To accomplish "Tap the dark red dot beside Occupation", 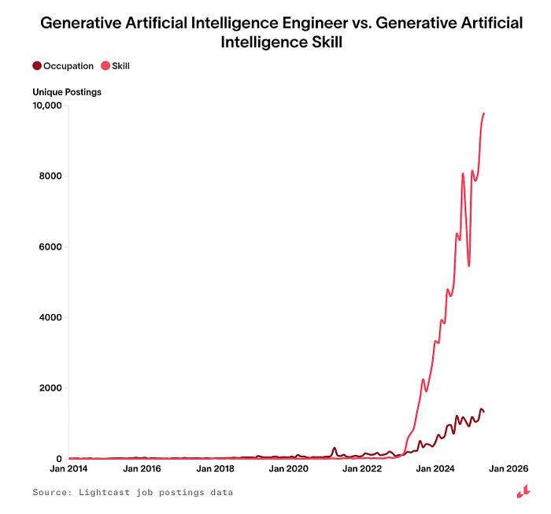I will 37,66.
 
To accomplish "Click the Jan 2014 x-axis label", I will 68,469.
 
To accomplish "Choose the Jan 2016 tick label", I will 142,469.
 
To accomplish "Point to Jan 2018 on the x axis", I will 215,469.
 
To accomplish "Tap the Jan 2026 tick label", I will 507,469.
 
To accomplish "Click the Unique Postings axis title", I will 67,92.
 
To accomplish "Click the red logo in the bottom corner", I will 522,493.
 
